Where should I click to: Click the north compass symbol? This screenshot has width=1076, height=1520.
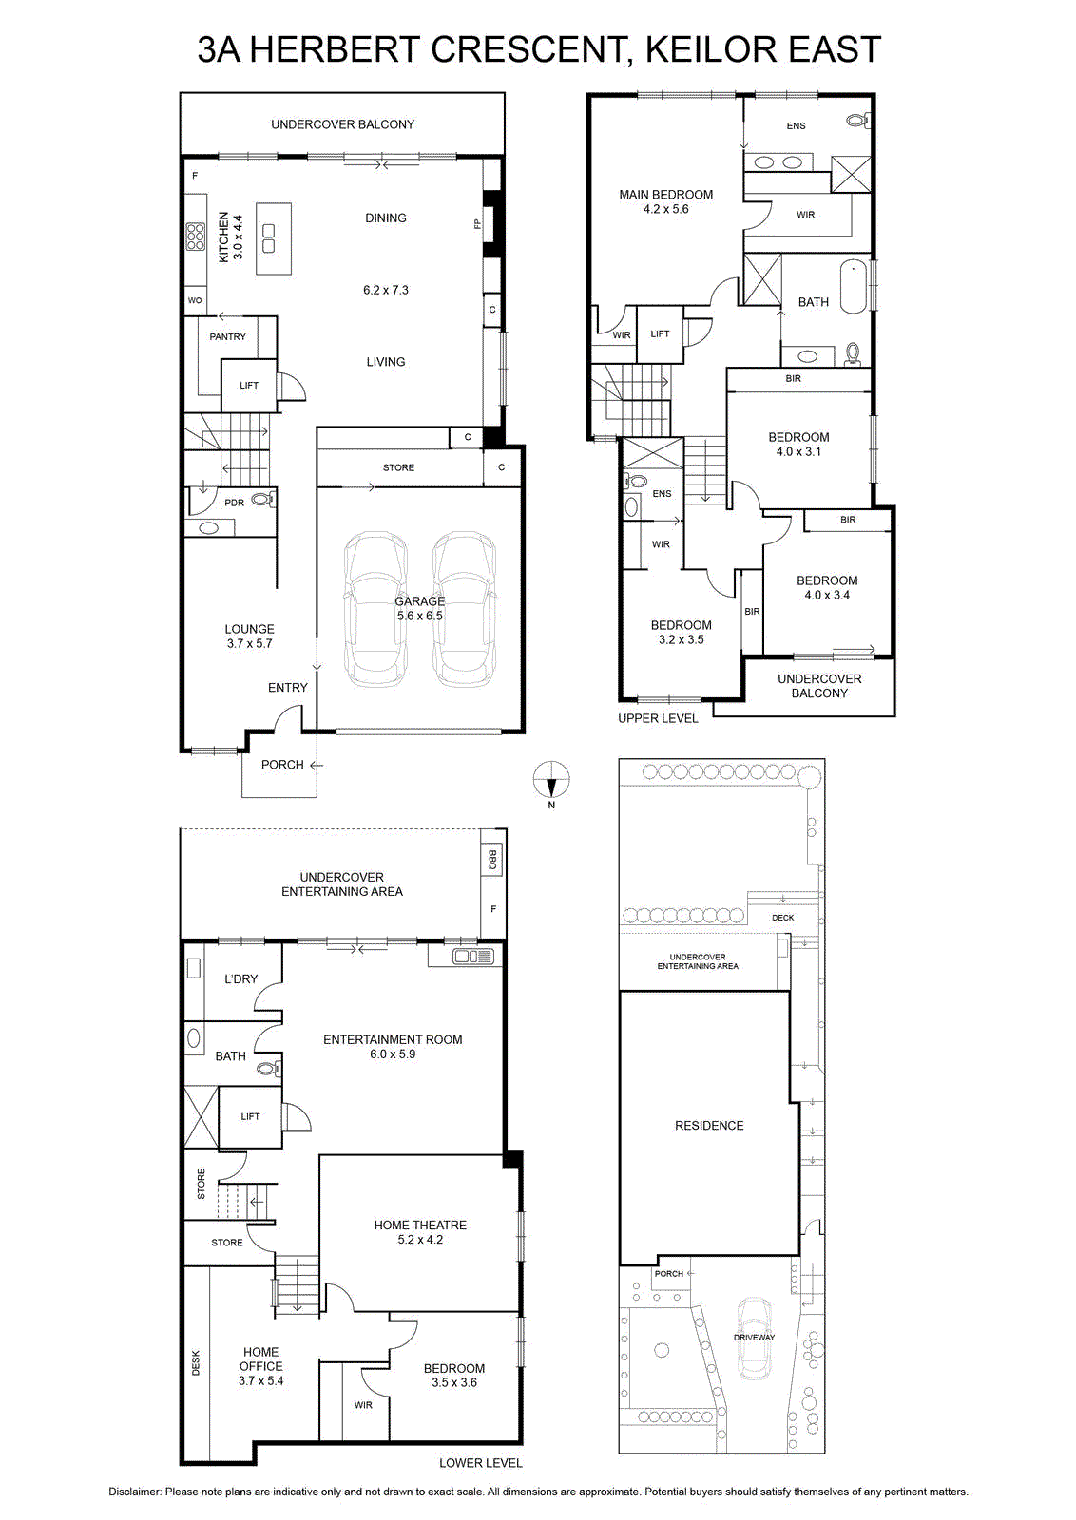pyautogui.click(x=551, y=779)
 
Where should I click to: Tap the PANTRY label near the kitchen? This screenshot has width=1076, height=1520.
pyautogui.click(x=227, y=336)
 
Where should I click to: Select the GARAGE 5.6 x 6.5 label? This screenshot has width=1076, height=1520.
pyautogui.click(x=419, y=608)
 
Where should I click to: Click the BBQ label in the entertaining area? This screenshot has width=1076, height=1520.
pyautogui.click(x=492, y=861)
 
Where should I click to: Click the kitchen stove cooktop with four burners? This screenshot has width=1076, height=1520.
pyautogui.click(x=196, y=237)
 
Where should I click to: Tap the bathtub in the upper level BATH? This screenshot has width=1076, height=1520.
pyautogui.click(x=854, y=289)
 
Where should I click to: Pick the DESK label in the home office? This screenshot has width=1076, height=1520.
pyautogui.click(x=196, y=1362)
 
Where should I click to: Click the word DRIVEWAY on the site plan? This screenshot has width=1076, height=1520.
pyautogui.click(x=754, y=1337)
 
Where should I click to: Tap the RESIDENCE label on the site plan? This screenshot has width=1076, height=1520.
pyautogui.click(x=709, y=1125)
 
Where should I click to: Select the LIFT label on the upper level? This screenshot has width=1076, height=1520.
pyautogui.click(x=660, y=333)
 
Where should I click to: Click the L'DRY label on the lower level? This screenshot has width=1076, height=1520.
pyautogui.click(x=241, y=978)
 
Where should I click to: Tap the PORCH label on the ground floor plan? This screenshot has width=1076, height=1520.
pyautogui.click(x=282, y=765)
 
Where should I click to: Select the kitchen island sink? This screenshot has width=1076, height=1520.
pyautogui.click(x=269, y=237)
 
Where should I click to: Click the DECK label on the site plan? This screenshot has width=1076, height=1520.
pyautogui.click(x=782, y=918)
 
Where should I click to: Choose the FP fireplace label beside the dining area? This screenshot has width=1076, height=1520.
pyautogui.click(x=477, y=223)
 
